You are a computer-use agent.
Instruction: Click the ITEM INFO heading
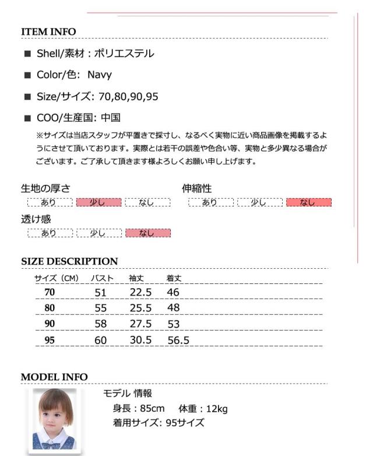(x=48, y=31)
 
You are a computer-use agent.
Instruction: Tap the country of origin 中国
(x=111, y=117)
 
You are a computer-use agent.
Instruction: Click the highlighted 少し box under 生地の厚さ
(x=98, y=202)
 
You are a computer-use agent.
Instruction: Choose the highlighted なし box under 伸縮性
(x=308, y=202)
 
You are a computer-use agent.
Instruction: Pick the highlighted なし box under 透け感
(x=147, y=233)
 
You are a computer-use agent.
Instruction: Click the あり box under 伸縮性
(x=210, y=202)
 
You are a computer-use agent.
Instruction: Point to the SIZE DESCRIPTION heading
(x=69, y=261)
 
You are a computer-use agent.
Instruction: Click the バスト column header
(x=104, y=279)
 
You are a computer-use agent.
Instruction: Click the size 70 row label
(x=50, y=292)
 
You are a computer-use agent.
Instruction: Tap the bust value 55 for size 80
(x=101, y=308)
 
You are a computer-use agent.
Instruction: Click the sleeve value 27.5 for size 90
(x=140, y=324)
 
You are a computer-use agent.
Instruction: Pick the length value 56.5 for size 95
(x=178, y=340)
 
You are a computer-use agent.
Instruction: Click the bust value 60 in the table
(x=101, y=340)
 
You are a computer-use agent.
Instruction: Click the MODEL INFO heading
(x=54, y=377)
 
